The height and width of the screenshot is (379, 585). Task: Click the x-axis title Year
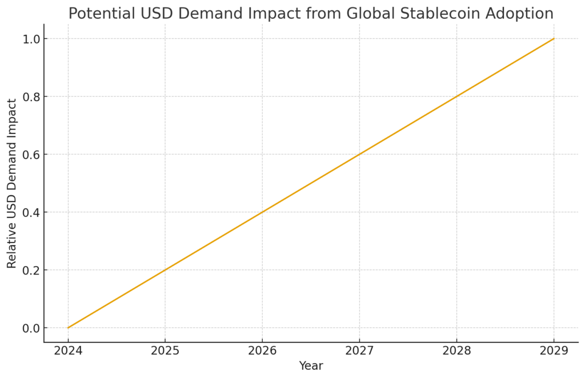pos(311,366)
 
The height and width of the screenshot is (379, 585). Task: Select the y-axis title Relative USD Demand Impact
pos(12,183)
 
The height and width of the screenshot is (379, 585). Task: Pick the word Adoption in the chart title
pos(520,13)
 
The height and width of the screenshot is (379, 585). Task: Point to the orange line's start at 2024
pos(68,328)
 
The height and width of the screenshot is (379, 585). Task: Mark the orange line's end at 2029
pos(554,39)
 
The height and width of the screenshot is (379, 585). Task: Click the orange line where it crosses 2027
pos(359,155)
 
